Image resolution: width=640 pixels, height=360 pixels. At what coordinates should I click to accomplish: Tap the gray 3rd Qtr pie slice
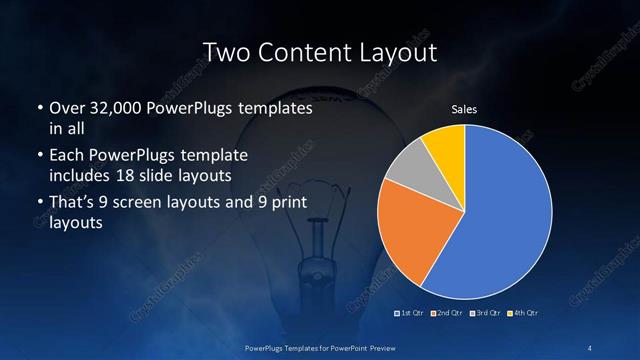410,170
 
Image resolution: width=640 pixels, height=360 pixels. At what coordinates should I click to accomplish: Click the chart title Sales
464,109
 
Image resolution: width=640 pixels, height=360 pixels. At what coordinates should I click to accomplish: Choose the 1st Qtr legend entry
411,314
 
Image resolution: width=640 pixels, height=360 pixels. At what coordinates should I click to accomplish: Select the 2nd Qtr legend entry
446,314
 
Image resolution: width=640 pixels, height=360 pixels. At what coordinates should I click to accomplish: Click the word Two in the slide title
226,51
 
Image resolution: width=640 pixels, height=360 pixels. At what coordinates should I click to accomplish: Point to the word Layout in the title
396,51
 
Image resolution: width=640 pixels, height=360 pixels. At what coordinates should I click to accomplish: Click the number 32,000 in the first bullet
113,107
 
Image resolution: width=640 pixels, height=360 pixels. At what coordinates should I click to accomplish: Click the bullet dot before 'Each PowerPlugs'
39,156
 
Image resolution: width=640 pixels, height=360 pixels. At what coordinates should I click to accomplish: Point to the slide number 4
591,346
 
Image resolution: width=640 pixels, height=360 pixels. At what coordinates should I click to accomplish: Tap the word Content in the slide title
302,51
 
